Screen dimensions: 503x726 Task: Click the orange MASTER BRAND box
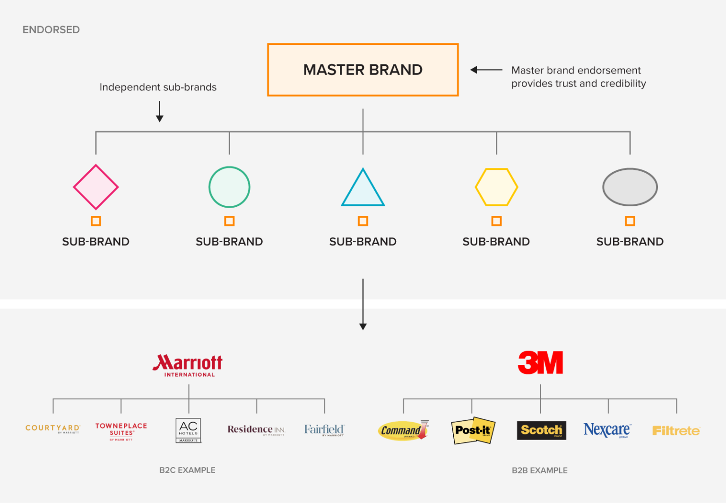point(363,70)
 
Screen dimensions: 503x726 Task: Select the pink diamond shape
point(96,187)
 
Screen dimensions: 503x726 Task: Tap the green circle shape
point(229,187)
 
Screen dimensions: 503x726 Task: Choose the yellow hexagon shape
point(496,187)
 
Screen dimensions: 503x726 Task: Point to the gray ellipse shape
point(630,187)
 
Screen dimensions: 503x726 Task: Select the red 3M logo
point(540,362)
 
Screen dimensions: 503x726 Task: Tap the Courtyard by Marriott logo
point(53,429)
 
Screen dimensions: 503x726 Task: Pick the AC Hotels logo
point(188,430)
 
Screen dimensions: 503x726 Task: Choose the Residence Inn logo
point(256,430)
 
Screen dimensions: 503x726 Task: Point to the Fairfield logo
point(324,430)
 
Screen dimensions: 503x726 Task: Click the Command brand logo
point(403,430)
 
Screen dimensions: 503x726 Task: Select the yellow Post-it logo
point(473,430)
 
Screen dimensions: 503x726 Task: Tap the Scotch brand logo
point(541,430)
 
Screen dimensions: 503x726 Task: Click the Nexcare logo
point(607,430)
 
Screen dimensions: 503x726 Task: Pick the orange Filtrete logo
point(676,431)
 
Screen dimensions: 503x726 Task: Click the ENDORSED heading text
point(51,30)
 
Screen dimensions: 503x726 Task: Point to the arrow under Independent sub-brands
point(160,111)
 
